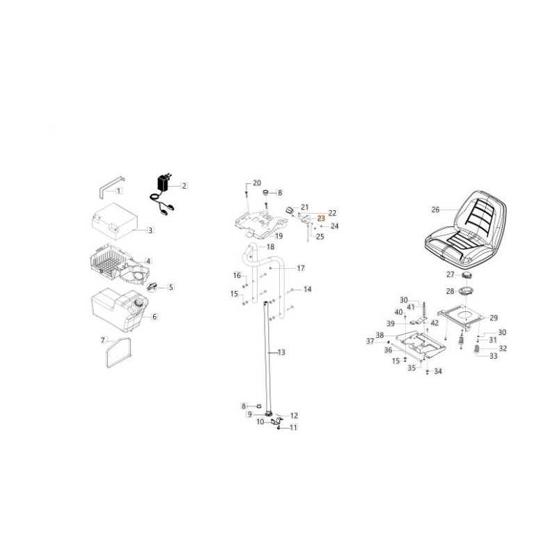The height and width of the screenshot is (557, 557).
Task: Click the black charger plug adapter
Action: coord(164,183)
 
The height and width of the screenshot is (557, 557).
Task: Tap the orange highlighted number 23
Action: coord(321,218)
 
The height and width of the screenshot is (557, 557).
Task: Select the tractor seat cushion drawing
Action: coord(465,230)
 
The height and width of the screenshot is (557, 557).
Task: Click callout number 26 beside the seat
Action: coord(436,210)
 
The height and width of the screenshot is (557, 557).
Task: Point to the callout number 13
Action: coord(281,352)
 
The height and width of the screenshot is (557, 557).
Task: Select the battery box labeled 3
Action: coord(114,221)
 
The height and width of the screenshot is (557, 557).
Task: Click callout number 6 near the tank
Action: coord(155,317)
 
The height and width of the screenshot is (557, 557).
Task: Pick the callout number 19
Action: coord(279,236)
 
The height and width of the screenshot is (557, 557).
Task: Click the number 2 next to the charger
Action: coord(184,186)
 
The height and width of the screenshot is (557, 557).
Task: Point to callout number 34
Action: coord(438,371)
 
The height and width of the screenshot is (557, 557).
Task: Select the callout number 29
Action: coord(494,318)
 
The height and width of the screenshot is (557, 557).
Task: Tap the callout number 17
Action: coord(301,268)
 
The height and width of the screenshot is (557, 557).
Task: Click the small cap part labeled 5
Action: coord(152,287)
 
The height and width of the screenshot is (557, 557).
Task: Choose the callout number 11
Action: coord(293,427)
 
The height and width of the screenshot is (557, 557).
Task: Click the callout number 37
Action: coord(370,341)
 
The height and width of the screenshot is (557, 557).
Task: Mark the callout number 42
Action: coord(434,323)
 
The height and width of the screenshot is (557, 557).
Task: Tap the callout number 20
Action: coord(257,183)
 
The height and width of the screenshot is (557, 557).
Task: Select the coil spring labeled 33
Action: coord(477,350)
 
